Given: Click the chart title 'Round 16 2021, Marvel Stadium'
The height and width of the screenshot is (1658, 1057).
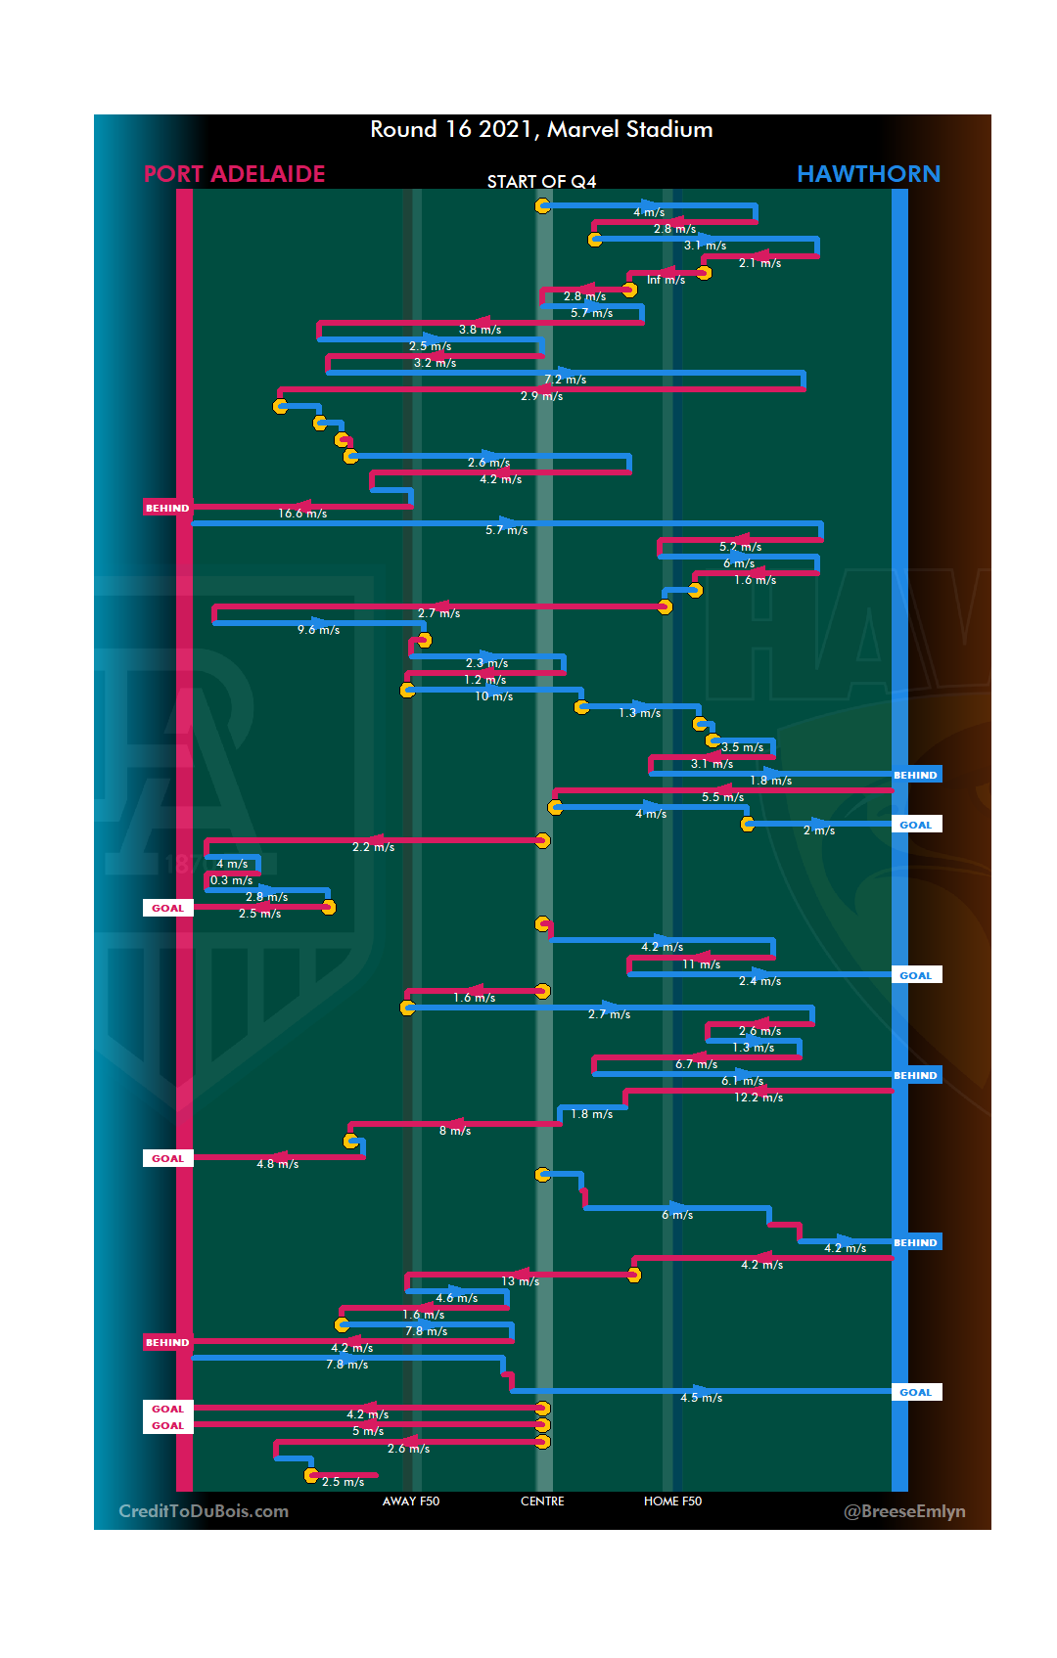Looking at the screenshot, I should (541, 129).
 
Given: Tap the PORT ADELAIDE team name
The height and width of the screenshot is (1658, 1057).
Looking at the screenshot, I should (234, 174).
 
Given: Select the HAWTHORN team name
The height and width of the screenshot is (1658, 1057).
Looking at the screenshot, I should (868, 174).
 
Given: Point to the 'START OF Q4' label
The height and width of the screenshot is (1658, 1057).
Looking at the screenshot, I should (541, 182).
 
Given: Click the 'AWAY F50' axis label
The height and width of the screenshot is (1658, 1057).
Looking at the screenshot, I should (411, 1501).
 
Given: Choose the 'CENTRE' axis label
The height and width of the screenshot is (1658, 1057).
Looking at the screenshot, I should (542, 1501).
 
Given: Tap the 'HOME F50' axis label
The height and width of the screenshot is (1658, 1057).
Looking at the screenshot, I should (672, 1501).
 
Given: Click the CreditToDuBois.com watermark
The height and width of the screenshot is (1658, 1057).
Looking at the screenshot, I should (204, 1511).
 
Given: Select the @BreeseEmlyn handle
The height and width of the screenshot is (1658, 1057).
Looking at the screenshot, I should (904, 1511).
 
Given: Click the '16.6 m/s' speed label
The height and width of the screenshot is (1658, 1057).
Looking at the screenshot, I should (302, 514).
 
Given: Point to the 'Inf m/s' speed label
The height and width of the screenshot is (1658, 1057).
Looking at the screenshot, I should (666, 280).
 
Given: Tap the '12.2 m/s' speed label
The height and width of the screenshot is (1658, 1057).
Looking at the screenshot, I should (758, 1098).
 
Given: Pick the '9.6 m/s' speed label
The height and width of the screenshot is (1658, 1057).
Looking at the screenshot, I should (318, 630).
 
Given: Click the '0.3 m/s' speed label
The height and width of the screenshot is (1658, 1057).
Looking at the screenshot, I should (231, 880).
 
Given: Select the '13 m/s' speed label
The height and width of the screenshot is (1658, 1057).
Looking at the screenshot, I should (520, 1281).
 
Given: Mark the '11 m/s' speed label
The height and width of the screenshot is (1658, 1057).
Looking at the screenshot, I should (701, 964).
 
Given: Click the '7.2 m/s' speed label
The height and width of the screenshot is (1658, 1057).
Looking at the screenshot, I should (565, 380).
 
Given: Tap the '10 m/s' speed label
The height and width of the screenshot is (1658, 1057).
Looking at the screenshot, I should (493, 696).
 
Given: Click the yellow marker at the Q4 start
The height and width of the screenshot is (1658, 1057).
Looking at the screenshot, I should (542, 205).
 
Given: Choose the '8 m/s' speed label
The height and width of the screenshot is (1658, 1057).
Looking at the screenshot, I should (454, 1131).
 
